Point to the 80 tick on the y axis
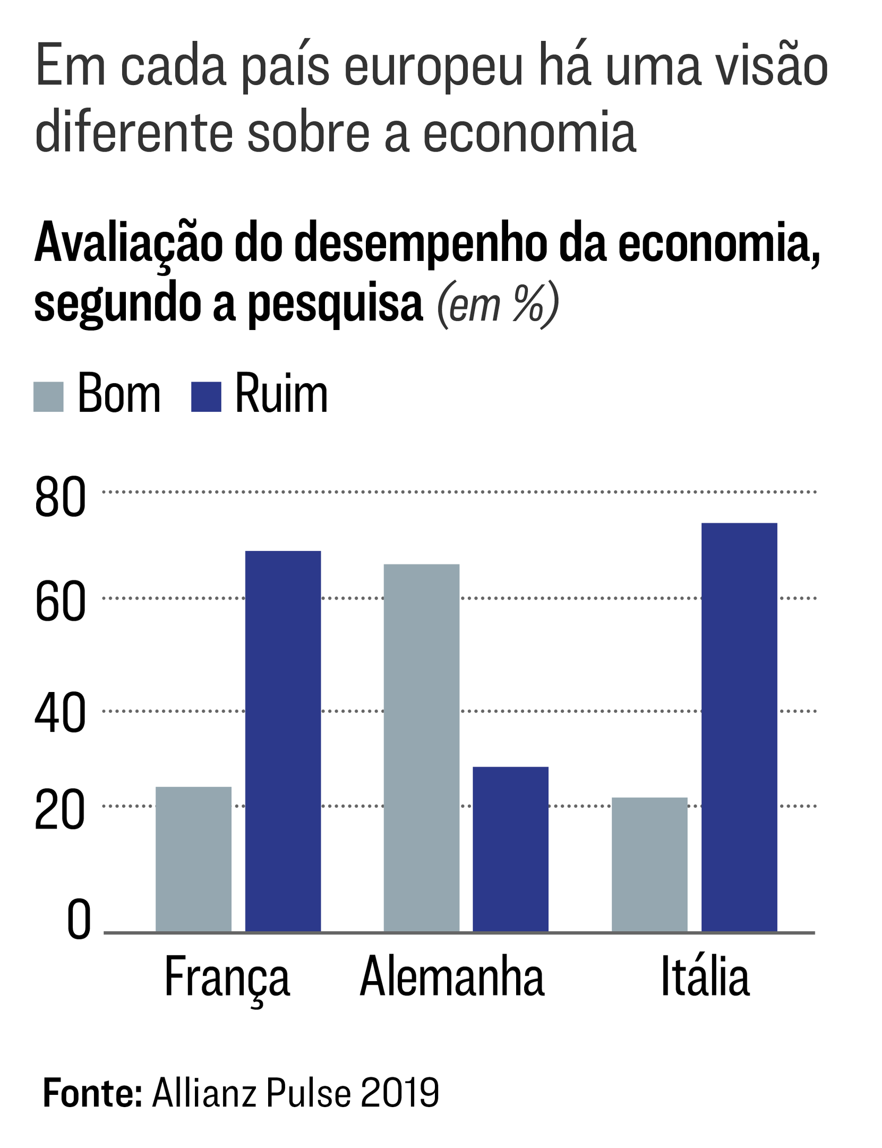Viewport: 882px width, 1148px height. [60, 497]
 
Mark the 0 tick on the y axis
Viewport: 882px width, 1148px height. [79, 921]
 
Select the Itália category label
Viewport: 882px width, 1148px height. [705, 977]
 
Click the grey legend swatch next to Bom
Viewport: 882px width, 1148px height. [48, 396]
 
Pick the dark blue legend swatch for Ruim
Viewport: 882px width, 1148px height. [206, 396]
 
